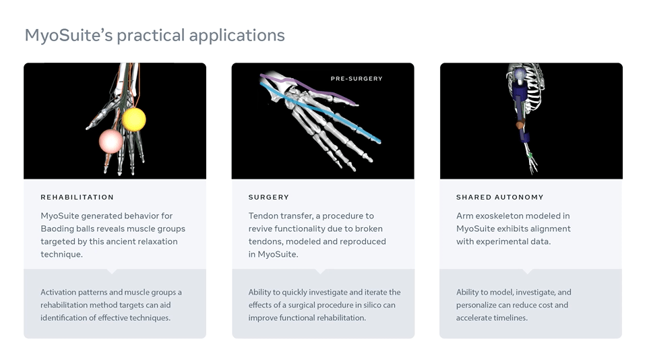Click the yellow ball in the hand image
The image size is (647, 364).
[x=133, y=119]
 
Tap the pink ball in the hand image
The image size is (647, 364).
[x=111, y=141]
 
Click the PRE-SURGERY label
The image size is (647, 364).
[x=357, y=78]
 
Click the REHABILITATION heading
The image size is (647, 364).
[x=77, y=198]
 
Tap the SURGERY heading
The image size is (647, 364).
[x=269, y=198]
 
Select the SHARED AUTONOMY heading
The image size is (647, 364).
[x=499, y=198]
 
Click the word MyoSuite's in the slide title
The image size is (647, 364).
[x=69, y=36]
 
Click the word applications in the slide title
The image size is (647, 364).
[x=237, y=36]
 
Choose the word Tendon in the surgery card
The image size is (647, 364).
[x=263, y=216]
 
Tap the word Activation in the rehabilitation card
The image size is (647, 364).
[x=58, y=292]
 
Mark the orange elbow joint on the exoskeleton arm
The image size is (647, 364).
[x=520, y=124]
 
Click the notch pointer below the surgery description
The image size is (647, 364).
[x=320, y=271]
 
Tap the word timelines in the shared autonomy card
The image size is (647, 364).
[x=510, y=317]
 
